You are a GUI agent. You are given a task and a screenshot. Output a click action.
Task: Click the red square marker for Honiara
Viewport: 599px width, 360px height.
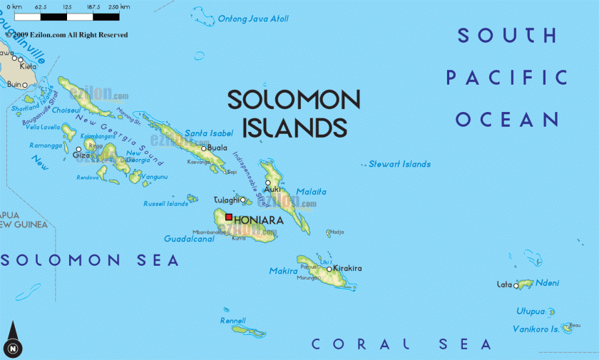[229, 217]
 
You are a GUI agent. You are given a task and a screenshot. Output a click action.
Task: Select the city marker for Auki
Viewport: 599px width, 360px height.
[268, 182]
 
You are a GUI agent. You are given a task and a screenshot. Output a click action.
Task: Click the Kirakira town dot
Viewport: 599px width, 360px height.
[329, 269]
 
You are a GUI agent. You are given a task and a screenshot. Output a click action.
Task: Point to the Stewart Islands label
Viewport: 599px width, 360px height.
[399, 164]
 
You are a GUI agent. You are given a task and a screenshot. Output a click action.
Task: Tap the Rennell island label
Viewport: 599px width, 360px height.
[233, 321]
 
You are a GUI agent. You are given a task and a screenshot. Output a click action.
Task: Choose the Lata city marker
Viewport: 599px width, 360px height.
[516, 285]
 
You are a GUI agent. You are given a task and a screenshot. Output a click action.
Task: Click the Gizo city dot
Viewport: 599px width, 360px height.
[78, 149]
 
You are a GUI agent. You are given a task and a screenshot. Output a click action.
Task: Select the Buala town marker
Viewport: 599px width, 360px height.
[203, 148]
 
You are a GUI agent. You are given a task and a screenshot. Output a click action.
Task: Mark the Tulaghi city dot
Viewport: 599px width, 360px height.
[242, 200]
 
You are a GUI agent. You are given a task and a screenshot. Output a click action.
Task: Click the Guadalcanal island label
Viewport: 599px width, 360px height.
[189, 239]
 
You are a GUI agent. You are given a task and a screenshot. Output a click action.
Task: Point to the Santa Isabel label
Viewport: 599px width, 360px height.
[209, 133]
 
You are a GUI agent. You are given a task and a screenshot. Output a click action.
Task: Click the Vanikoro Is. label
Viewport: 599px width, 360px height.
[536, 329]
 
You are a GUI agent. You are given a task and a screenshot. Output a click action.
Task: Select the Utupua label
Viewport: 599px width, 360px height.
[531, 312]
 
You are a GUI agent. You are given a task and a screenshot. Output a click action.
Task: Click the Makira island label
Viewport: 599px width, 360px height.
[283, 271]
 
